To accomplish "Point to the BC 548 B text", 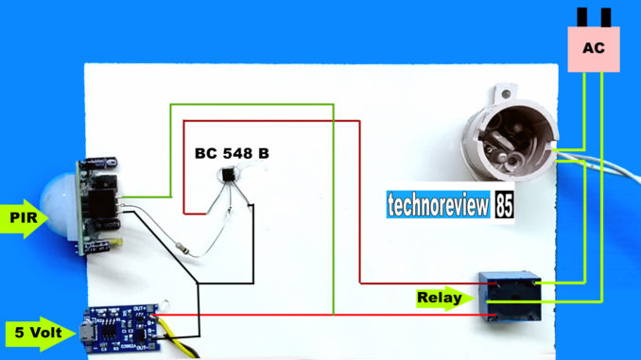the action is click(x=232, y=152).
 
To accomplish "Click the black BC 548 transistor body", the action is click(x=229, y=175).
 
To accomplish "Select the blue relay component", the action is click(x=507, y=296).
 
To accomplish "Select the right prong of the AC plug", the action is click(x=605, y=15).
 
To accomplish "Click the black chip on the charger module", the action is click(x=113, y=332).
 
